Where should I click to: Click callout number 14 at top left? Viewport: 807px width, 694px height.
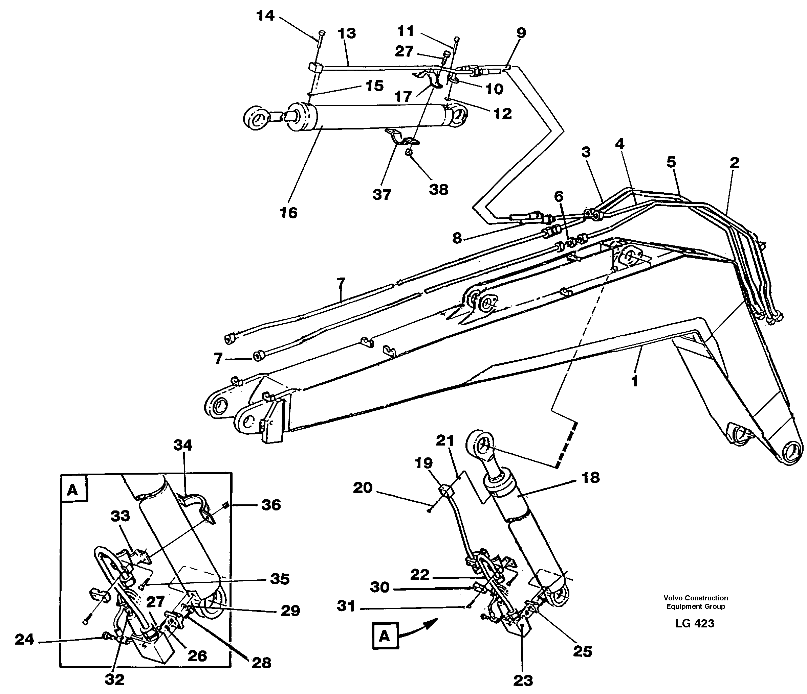266,16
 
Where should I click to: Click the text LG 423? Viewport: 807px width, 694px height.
695,624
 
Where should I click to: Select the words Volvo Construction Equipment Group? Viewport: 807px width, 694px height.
696,602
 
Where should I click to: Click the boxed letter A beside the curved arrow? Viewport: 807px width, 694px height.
385,637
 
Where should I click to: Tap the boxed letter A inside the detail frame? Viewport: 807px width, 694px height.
73,490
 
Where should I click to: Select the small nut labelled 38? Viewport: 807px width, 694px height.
409,152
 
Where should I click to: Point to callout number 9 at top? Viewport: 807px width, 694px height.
521,33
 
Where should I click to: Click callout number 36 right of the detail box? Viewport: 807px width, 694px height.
271,505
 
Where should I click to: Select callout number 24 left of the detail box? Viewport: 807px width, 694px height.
24,639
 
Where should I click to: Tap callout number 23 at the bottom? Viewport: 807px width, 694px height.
523,680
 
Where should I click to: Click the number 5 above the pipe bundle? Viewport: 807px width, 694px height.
671,162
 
